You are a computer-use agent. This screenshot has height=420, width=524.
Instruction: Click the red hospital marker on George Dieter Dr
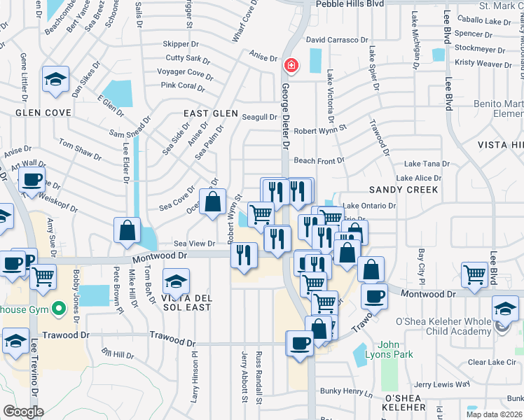[x=291, y=66]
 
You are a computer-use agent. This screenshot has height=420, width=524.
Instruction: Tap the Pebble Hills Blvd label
[x=350, y=3]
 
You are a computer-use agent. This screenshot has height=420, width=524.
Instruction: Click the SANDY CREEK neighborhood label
[x=404, y=190]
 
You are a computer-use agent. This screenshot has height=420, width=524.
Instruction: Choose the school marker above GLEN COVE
[x=55, y=80]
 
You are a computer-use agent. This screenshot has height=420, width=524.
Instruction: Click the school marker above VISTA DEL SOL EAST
[x=174, y=282]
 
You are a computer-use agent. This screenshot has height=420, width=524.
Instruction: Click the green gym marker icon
[x=60, y=307]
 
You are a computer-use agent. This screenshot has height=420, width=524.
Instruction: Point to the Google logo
[x=23, y=412]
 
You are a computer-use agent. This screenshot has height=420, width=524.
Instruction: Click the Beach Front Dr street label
[x=319, y=160]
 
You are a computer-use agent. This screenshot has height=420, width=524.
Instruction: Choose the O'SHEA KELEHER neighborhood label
[x=405, y=407]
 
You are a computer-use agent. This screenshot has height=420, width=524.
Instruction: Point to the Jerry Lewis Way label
[x=441, y=384]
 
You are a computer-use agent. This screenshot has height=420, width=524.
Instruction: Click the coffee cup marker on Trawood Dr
[x=301, y=343]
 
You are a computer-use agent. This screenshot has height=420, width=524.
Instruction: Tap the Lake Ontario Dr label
[x=369, y=206]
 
